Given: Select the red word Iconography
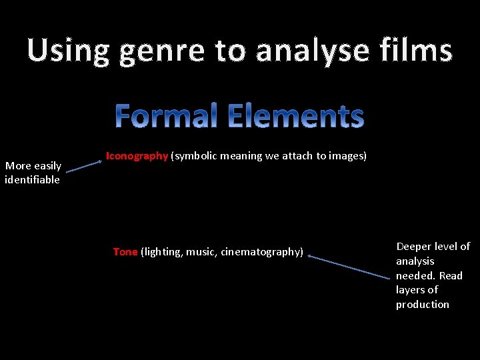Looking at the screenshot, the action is point(137,156).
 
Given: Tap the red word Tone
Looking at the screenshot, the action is point(125,252).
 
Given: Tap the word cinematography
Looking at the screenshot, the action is point(262,252).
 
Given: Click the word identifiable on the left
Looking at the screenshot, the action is point(32,180).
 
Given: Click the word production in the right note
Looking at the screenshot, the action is point(423,305).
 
